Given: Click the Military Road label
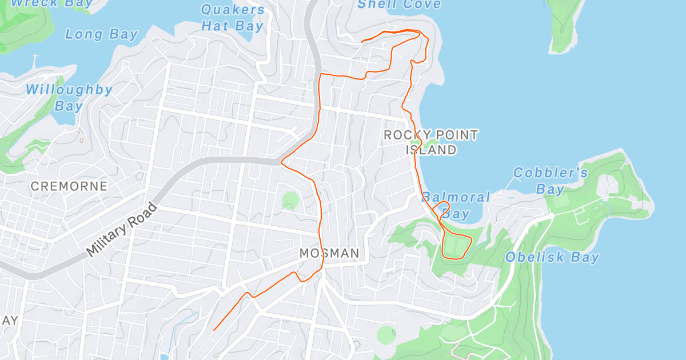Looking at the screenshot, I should point(122,230).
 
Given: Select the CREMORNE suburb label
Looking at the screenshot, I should point(69,186).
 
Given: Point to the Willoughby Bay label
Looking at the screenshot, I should point(69,98).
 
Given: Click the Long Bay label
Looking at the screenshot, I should point(102,34).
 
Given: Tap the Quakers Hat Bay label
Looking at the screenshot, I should point(232,18).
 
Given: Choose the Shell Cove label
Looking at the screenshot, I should point(399,5).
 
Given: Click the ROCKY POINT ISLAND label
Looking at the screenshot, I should point(431,142).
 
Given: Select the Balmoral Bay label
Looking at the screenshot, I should point(456,206).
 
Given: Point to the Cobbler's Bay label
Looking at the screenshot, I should point(550,181).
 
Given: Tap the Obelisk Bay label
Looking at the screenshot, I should point(552,257).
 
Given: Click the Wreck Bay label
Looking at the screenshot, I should point(52,3).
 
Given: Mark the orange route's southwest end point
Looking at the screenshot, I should point(214,330).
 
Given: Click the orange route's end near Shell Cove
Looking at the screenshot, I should point(362,42).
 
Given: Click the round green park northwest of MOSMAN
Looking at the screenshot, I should point(290,200).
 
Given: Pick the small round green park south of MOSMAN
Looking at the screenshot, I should point(386,335).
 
